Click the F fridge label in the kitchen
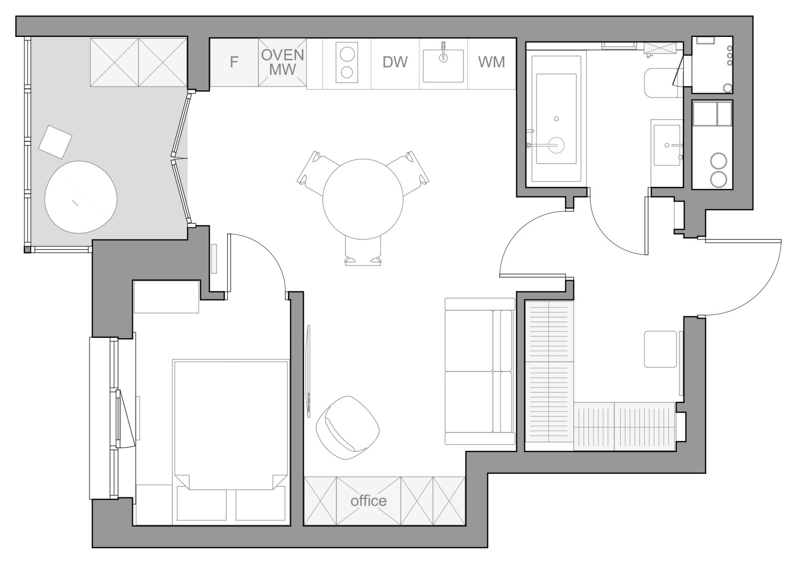(x=234, y=62)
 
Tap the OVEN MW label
(x=282, y=62)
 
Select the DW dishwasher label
(x=395, y=62)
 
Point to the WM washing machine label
(x=491, y=62)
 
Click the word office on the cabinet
(x=369, y=501)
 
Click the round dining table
(x=363, y=199)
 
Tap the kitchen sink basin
(x=443, y=66)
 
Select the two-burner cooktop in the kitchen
(x=347, y=63)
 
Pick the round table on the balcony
(x=81, y=197)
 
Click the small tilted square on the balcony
(x=55, y=142)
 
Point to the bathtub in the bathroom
(x=556, y=119)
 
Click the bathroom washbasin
(x=667, y=145)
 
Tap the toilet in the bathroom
(x=663, y=83)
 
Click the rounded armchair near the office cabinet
(x=348, y=427)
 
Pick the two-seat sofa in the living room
(x=480, y=371)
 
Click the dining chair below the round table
(x=363, y=251)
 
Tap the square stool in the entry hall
(x=661, y=349)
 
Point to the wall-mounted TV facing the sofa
(x=308, y=371)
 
